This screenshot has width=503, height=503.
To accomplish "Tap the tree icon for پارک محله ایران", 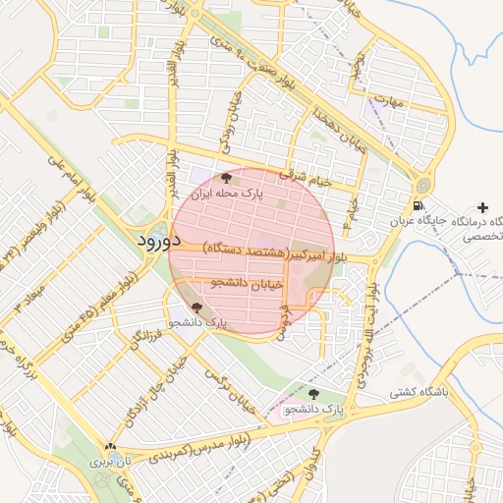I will click(x=227, y=178).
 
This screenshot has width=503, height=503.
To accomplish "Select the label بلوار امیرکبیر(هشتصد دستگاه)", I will click(x=264, y=251).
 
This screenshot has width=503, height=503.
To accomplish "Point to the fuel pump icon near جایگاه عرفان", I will click(x=419, y=206).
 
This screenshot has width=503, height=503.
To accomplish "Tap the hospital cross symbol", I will click(x=481, y=207).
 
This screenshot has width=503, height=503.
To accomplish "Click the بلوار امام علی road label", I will click(x=71, y=167).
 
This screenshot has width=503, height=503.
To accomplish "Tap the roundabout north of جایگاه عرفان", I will click(x=423, y=185).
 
